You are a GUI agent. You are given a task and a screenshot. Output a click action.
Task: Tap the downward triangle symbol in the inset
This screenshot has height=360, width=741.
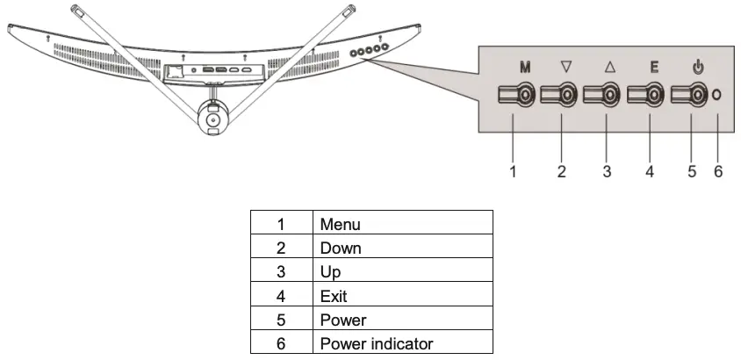click(565, 65)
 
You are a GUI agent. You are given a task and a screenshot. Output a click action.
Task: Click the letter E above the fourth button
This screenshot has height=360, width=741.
click(652, 65)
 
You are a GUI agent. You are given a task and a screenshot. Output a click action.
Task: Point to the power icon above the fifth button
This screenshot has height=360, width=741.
click(697, 65)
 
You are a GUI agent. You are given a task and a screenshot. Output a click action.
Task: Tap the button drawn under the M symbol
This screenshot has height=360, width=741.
click(517, 94)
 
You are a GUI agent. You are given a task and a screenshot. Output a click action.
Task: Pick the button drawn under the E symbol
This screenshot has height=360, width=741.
click(647, 94)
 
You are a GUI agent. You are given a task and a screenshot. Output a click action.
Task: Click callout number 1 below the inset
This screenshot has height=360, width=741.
click(513, 172)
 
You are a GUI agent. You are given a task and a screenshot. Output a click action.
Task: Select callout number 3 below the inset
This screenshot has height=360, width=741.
click(606, 172)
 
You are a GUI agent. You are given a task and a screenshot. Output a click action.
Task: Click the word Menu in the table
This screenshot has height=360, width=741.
click(340, 225)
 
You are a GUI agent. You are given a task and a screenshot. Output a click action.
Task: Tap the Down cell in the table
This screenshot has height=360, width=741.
click(341, 248)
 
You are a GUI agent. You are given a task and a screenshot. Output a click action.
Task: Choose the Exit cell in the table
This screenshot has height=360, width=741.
click(334, 296)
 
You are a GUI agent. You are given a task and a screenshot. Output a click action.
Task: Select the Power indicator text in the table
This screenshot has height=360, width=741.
click(377, 343)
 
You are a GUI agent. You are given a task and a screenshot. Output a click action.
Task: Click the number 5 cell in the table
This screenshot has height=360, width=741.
click(281, 320)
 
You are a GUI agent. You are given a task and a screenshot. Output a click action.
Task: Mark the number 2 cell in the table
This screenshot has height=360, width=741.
click(281, 248)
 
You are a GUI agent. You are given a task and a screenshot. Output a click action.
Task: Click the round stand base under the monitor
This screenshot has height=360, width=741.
click(212, 114)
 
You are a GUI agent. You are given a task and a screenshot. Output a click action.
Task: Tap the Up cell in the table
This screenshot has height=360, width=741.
click(330, 272)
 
